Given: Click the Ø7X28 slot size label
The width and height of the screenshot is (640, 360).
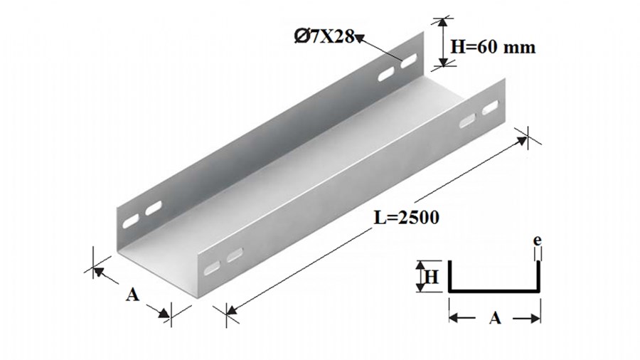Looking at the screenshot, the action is click(324, 36).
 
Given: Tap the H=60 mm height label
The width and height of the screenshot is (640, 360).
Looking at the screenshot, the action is click(493, 47).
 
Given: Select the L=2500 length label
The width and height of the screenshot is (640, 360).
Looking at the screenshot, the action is click(407, 218).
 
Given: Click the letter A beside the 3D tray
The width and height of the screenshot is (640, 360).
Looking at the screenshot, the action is click(132, 294).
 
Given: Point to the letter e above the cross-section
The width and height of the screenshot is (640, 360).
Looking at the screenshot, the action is click(538, 240).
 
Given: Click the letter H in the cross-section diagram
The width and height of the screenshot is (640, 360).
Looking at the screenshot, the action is click(432, 277).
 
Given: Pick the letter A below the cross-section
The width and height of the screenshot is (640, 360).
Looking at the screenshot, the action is click(495, 317).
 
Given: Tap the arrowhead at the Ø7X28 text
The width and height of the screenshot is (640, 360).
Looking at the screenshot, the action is click(360, 39).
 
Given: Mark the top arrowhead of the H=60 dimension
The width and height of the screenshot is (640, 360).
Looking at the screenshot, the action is click(442, 22).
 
